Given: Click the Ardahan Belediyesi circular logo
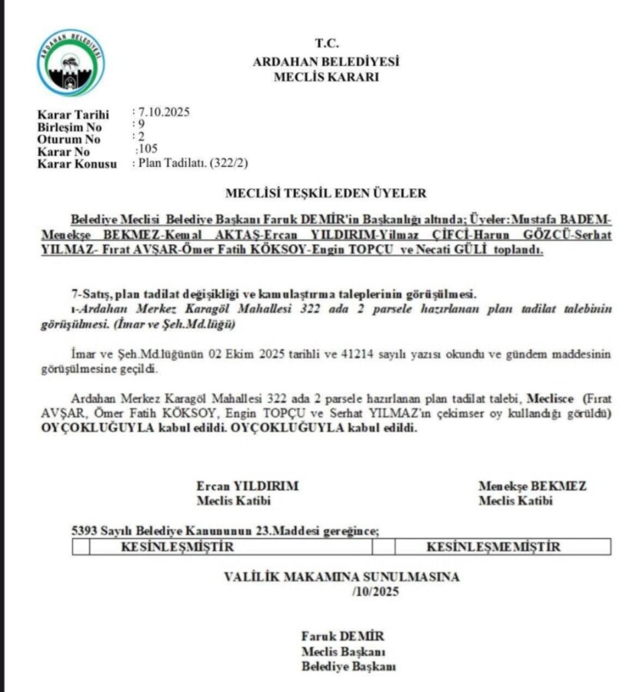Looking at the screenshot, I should point(71,62).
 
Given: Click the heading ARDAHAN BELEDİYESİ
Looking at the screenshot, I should point(326,62).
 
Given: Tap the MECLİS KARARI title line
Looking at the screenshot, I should point(326,76).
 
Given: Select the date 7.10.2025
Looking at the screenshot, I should point(164,112).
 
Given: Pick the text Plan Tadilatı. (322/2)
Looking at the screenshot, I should point(192,162).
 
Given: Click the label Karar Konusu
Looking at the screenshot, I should point(77,164).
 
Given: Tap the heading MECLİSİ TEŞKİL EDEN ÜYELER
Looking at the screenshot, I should point(325,193).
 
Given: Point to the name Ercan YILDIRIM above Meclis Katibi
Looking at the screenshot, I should point(247,486).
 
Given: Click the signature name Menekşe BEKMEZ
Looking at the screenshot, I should point(531,486).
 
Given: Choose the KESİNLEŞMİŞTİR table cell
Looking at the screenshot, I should point(177,547).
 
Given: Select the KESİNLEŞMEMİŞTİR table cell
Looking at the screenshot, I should point(493,547).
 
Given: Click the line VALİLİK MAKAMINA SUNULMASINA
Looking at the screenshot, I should point(341,576).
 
